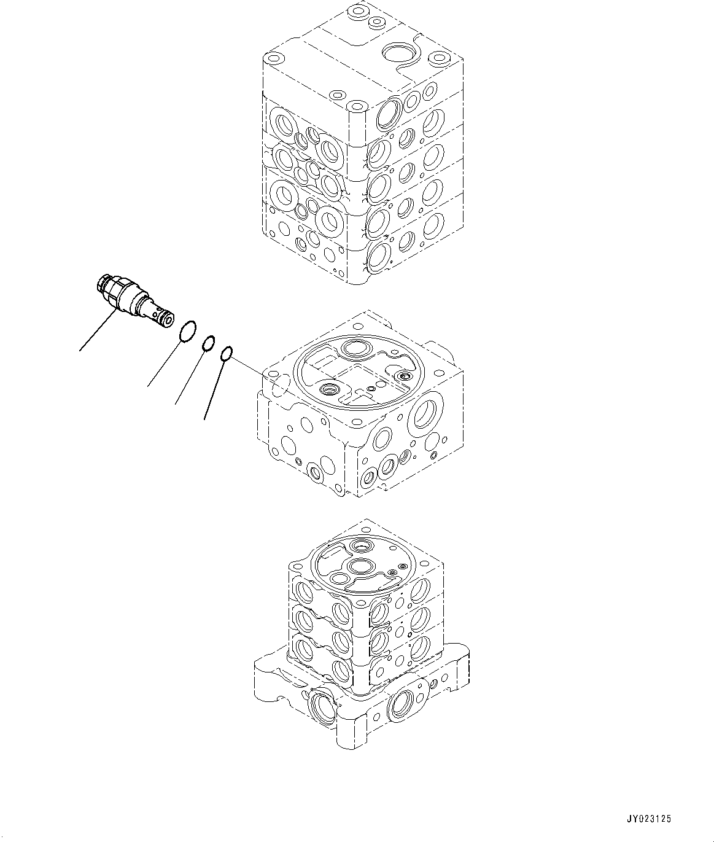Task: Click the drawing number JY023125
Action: coord(649,819)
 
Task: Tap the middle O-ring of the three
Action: coord(209,343)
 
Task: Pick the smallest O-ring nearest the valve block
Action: coord(226,354)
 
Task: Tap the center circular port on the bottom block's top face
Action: coord(358,566)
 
